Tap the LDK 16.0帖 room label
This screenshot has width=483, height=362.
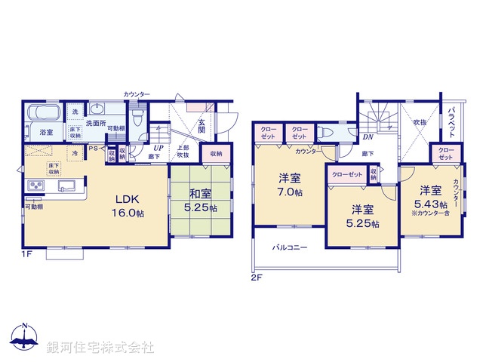point(129,206)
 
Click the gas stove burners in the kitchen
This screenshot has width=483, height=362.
point(35,186)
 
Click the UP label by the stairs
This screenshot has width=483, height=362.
point(159,149)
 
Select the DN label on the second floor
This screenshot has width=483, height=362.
point(368,137)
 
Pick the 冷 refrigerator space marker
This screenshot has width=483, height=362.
point(75,153)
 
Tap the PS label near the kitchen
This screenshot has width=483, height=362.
point(93,149)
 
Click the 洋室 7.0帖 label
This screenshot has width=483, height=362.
point(290,185)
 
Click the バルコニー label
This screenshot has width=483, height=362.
point(289,248)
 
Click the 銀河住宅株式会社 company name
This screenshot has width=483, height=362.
point(100,347)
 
